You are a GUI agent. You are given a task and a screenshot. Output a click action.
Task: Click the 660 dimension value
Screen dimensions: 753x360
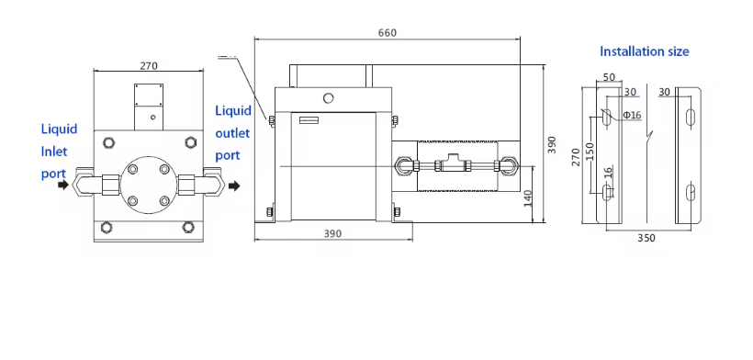click(x=388, y=33)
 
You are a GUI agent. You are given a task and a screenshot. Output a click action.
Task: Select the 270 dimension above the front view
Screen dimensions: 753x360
click(x=149, y=66)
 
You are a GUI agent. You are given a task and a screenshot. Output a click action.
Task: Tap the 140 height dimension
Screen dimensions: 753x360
click(x=528, y=198)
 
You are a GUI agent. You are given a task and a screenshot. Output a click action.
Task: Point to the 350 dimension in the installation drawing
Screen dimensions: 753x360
click(x=646, y=238)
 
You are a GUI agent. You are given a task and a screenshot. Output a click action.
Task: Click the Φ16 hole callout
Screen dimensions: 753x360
click(x=632, y=115)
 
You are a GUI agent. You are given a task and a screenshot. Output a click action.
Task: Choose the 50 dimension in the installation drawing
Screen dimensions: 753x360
click(x=609, y=77)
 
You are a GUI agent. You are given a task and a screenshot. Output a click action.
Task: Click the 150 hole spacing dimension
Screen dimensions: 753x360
click(x=590, y=152)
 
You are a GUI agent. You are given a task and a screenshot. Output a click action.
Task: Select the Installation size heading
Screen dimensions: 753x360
click(x=645, y=51)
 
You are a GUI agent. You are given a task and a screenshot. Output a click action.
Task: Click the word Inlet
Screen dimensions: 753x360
click(x=54, y=152)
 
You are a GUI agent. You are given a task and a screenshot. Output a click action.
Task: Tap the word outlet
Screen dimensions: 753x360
click(x=232, y=133)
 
